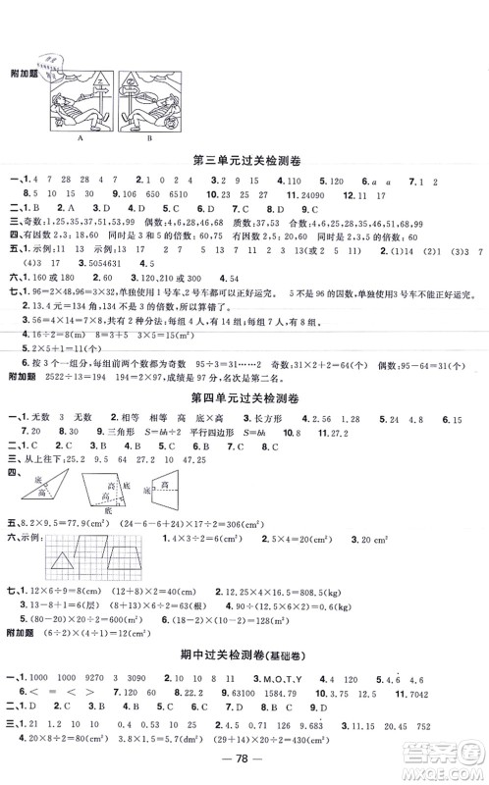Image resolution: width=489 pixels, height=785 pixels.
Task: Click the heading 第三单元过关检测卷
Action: pos(244,159)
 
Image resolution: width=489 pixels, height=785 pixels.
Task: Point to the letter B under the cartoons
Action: pos(148,139)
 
